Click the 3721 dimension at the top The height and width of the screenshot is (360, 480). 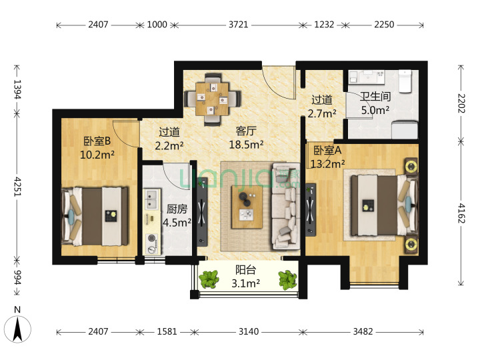[x=238, y=25]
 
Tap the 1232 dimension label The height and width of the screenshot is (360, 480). [x=324, y=25]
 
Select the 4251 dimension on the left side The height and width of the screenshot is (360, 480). [x=17, y=187]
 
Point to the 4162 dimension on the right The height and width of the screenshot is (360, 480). [x=461, y=213]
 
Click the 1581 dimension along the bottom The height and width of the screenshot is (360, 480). [x=167, y=331]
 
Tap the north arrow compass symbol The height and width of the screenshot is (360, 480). [x=17, y=329]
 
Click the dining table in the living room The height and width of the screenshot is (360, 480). [x=212, y=99]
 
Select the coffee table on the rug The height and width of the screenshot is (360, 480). [x=247, y=207]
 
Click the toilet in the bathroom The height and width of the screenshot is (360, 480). [x=405, y=81]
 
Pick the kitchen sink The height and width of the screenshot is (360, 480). [x=151, y=199]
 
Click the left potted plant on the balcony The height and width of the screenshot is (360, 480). [x=209, y=279]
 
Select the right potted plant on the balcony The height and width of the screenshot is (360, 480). [x=287, y=279]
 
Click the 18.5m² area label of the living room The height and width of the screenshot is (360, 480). [x=247, y=144]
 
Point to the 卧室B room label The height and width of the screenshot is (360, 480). [x=97, y=141]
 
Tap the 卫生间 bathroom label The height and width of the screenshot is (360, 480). [x=375, y=97]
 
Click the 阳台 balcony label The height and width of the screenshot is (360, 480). [x=245, y=270]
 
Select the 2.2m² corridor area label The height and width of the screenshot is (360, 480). [x=169, y=145]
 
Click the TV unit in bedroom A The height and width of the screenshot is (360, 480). [x=311, y=210]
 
